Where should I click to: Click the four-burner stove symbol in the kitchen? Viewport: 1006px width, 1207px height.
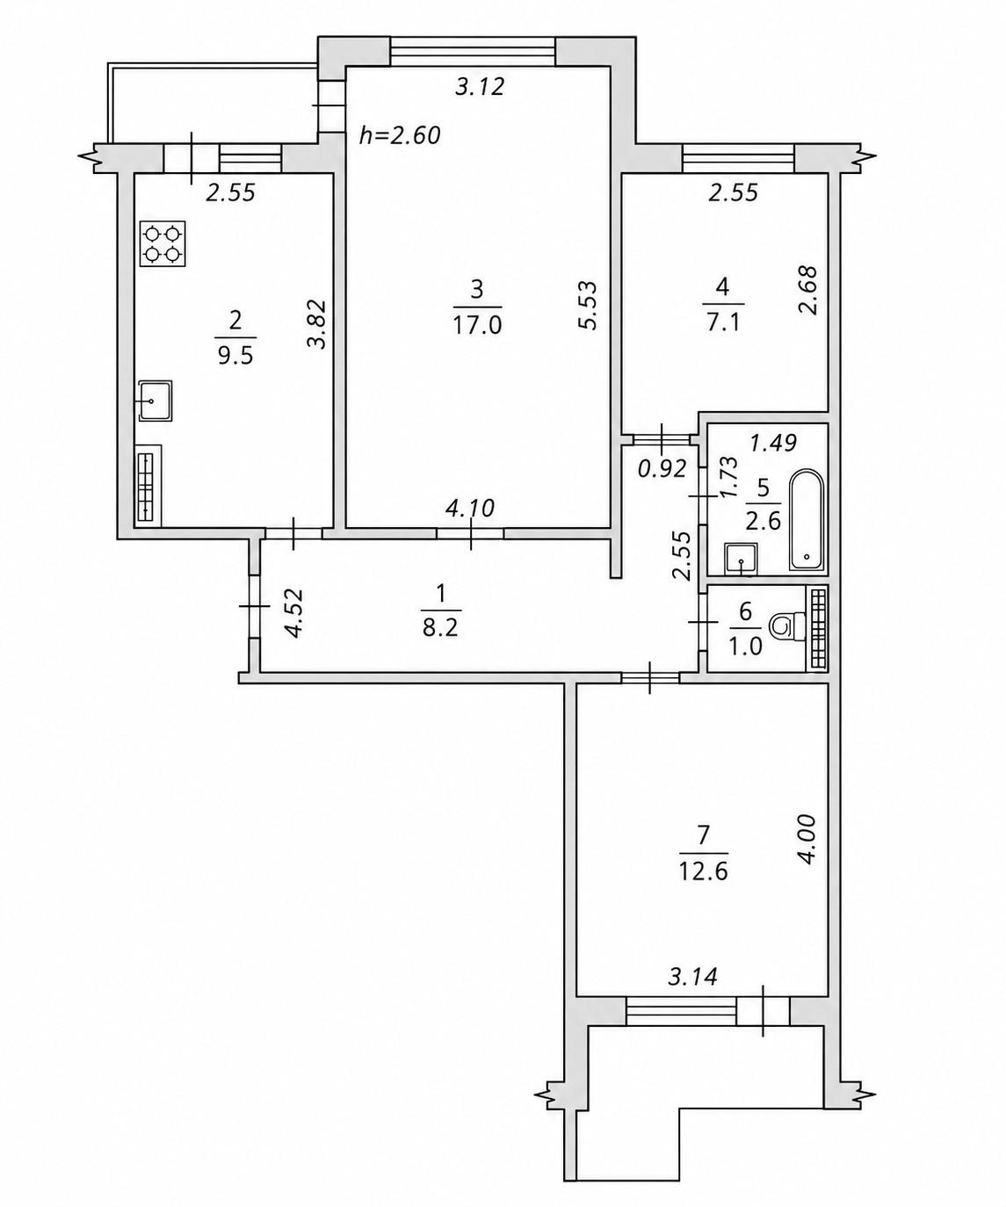(x=163, y=243)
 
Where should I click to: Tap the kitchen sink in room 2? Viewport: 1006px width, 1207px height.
(x=155, y=401)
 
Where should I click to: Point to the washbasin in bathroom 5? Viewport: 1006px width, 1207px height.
(x=741, y=558)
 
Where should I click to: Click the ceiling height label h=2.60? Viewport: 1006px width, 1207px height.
(x=400, y=135)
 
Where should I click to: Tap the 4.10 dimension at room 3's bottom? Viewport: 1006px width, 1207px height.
(x=469, y=508)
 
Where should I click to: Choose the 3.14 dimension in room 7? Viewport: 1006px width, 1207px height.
(x=692, y=977)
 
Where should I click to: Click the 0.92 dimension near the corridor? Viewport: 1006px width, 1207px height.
(x=662, y=469)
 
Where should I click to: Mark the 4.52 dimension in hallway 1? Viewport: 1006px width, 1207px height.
(x=293, y=613)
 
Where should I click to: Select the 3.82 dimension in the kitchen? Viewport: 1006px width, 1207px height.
(x=317, y=324)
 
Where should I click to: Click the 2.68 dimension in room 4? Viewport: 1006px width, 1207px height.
(x=807, y=290)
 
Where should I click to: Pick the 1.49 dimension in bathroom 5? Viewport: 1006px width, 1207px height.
(x=773, y=444)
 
